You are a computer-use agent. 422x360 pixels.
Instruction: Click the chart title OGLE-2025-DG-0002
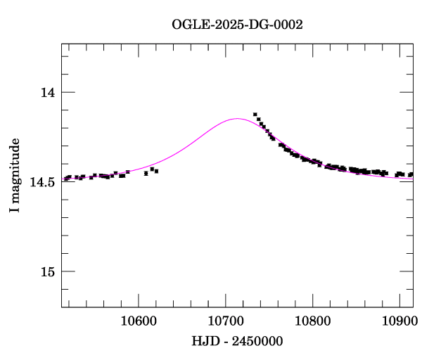(x=237, y=25)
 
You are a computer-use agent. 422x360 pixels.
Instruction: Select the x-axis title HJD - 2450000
(x=237, y=341)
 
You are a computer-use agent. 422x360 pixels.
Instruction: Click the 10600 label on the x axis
(x=137, y=321)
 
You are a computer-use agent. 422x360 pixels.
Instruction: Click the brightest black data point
(x=255, y=115)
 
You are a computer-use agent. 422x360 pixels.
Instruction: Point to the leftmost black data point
(x=65, y=179)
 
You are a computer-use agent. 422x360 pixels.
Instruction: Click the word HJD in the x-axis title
(x=203, y=341)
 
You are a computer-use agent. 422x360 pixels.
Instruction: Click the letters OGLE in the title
(x=186, y=25)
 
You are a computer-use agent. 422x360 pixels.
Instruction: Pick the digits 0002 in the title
(x=288, y=25)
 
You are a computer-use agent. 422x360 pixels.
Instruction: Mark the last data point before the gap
(x=156, y=171)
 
